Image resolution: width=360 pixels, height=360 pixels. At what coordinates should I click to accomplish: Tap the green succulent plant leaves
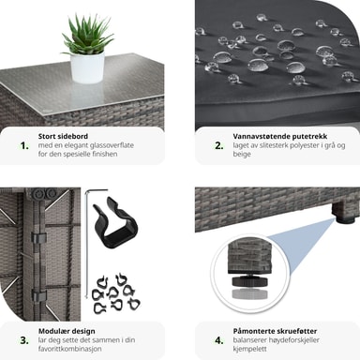pos(87,35)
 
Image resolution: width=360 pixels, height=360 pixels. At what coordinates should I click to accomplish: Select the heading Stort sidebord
pos(63,136)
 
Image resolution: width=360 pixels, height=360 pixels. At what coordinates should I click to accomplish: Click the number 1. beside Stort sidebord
pos(24,145)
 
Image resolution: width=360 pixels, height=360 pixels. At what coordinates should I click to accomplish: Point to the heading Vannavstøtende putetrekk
pos(280,137)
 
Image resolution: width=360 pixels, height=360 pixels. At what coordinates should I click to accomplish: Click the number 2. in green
pos(219,145)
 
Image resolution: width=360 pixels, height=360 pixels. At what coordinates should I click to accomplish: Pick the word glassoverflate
pos(112,145)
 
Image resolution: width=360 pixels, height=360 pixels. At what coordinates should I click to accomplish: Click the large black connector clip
pos(115,222)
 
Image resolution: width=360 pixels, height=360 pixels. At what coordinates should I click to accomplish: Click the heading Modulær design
pos(67,331)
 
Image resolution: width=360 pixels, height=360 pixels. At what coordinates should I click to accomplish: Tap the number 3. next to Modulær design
pos(24,340)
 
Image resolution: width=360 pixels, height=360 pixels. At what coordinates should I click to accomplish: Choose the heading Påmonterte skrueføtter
pos(275,331)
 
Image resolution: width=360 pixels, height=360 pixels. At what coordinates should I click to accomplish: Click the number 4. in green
pos(219,340)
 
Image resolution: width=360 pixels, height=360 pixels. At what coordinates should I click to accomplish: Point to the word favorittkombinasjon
pos(69,349)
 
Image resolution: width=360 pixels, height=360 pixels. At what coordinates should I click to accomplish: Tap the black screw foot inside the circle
pos(249,280)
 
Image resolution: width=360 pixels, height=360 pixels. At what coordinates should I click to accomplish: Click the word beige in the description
pos(242,154)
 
